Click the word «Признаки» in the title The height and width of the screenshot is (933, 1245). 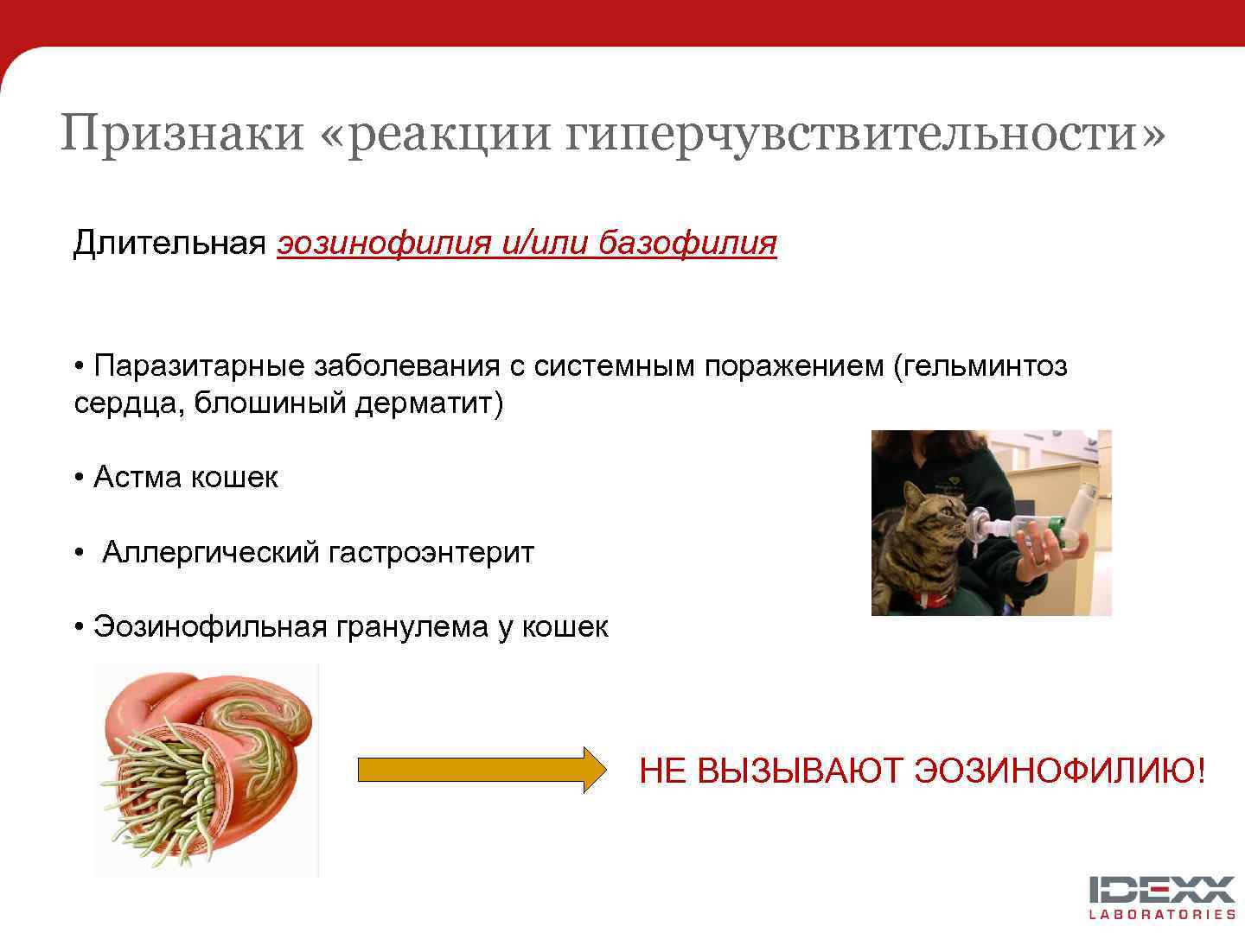pos(182,133)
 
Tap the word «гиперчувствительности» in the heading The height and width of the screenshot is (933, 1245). pos(865,133)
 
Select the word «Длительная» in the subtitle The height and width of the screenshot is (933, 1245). pos(169,243)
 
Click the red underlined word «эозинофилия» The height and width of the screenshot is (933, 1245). pos(385,243)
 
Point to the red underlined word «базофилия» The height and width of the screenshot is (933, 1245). pos(687,243)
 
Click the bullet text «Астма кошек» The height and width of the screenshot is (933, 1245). pos(185,477)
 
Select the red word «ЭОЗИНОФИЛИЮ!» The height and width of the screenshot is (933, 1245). pos(1059,771)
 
